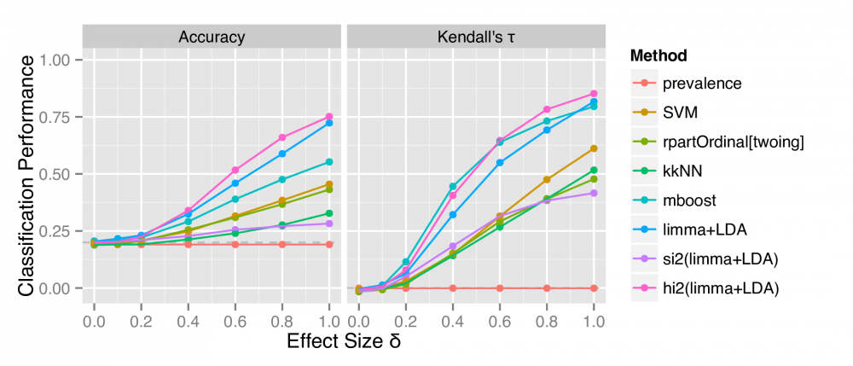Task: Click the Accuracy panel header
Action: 212,36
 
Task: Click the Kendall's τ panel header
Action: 474,36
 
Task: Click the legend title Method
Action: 659,56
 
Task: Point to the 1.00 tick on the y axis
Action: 61,60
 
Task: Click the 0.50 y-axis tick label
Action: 61,174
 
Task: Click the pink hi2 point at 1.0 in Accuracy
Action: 329,117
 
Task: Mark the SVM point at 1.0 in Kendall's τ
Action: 594,148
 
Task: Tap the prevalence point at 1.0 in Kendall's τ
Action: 594,288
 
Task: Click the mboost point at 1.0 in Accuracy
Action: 329,162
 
